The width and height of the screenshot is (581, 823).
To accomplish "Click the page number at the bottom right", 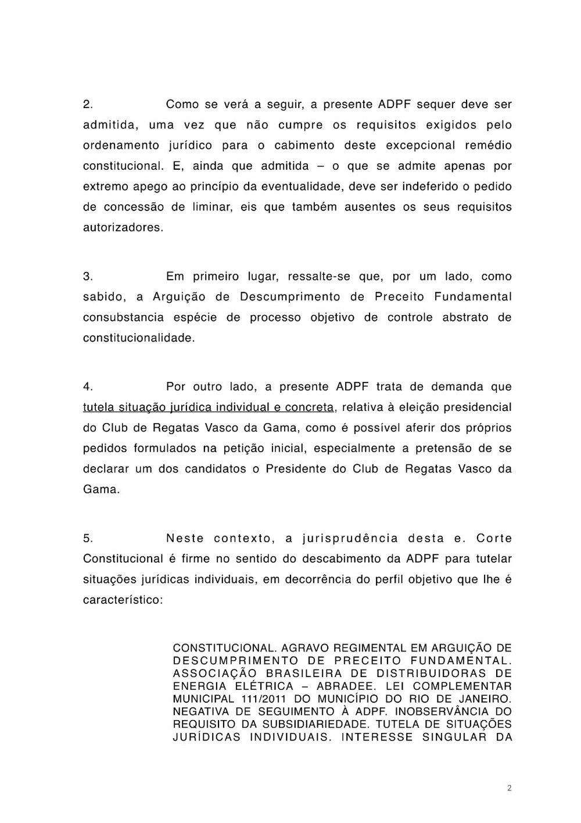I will (510, 788).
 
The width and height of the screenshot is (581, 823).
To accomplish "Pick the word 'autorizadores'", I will (122, 227).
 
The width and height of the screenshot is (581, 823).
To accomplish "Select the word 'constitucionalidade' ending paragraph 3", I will (138, 338).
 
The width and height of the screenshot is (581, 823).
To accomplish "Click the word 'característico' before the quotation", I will (123, 599).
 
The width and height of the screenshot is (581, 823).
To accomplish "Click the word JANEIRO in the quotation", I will (486, 699).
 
